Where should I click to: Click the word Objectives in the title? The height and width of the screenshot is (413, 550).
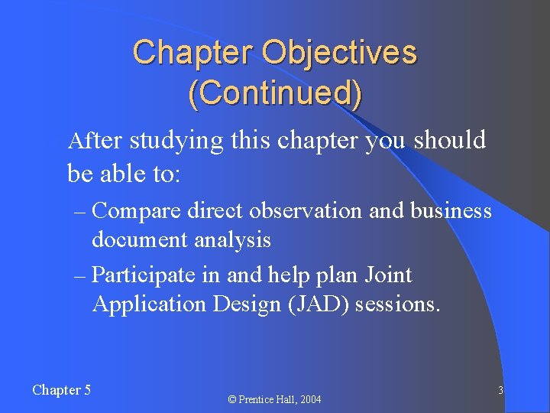pos(339,54)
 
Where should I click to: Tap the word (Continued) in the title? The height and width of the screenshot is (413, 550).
pos(275,93)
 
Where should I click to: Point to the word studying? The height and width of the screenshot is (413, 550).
pos(176,141)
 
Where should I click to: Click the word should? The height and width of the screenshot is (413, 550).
pos(450,141)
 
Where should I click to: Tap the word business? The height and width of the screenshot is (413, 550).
pos(451,210)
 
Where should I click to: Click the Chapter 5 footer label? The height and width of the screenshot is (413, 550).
pos(62,390)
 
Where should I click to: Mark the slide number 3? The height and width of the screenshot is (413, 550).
pos(500,391)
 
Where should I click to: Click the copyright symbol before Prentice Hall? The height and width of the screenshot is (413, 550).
pos(233,399)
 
